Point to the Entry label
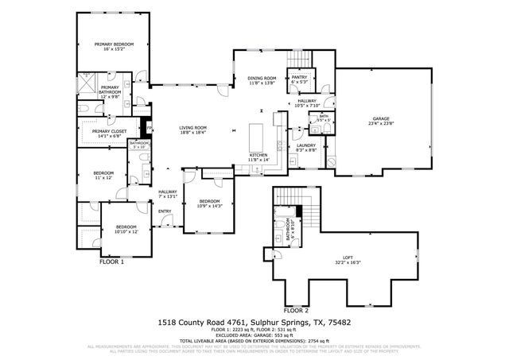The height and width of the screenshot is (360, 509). coord(165,211)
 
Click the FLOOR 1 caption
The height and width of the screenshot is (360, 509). coord(111,261)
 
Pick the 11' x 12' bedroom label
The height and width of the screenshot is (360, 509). coord(103,175)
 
